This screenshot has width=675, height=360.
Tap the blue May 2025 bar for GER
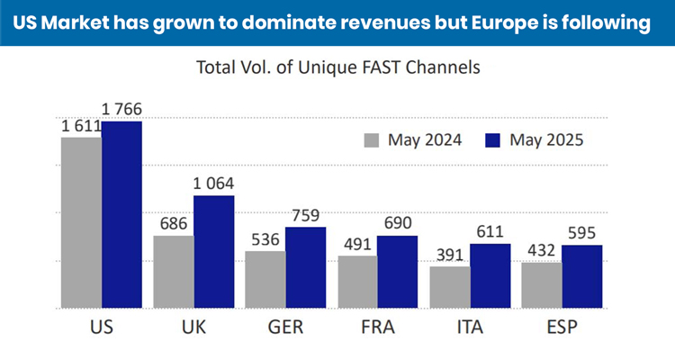tap(305, 267)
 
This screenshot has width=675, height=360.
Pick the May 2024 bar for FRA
tap(357, 282)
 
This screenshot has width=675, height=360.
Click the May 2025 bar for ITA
tap(490, 275)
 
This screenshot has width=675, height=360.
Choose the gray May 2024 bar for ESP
tap(541, 285)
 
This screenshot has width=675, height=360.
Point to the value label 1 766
tap(122, 110)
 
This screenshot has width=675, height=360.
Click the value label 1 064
tap(214, 184)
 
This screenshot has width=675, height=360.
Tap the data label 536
tap(265, 239)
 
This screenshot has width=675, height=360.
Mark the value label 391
tap(449, 255)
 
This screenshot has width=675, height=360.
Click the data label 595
tap(581, 233)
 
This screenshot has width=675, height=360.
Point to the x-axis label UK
tap(193, 327)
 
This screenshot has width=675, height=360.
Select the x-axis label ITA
tap(469, 327)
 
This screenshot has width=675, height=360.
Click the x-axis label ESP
tap(561, 327)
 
